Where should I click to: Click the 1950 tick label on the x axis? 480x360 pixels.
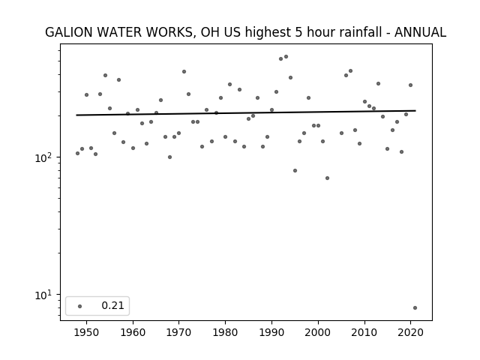pos(87,332)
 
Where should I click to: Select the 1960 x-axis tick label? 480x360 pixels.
pos(133,332)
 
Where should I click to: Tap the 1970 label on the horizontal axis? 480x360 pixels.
pos(179,332)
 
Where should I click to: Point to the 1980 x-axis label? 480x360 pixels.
pos(225,332)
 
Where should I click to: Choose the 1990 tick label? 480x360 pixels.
pos(271,332)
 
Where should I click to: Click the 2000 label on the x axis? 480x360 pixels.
pos(318,332)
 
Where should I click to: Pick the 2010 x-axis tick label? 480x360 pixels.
pos(364,332)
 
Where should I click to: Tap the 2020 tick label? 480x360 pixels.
pos(410,332)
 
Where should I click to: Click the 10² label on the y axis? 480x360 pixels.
pos(43,157)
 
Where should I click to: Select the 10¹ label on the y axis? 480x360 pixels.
pos(43,295)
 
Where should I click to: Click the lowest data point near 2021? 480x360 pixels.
pos(415,308)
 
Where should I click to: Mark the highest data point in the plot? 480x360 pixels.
pos(286,57)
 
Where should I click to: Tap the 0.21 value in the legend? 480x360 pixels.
pos(113,305)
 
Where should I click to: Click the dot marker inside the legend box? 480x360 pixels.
pos(80,306)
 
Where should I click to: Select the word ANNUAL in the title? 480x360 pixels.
pos(420,32)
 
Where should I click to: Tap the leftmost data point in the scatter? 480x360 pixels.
pos(77,153)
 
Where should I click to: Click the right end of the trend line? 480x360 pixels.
pos(415,110)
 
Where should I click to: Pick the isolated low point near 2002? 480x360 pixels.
pos(327,178)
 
